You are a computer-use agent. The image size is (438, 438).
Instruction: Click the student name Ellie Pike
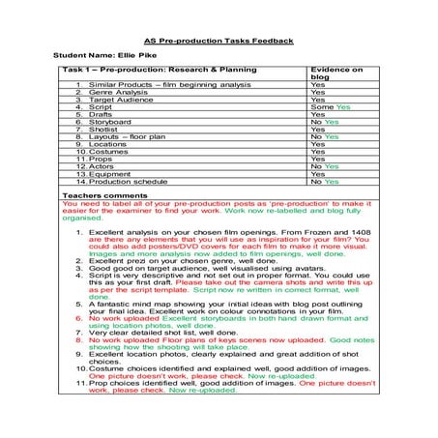97,57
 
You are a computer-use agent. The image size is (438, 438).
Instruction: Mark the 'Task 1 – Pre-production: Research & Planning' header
156,71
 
